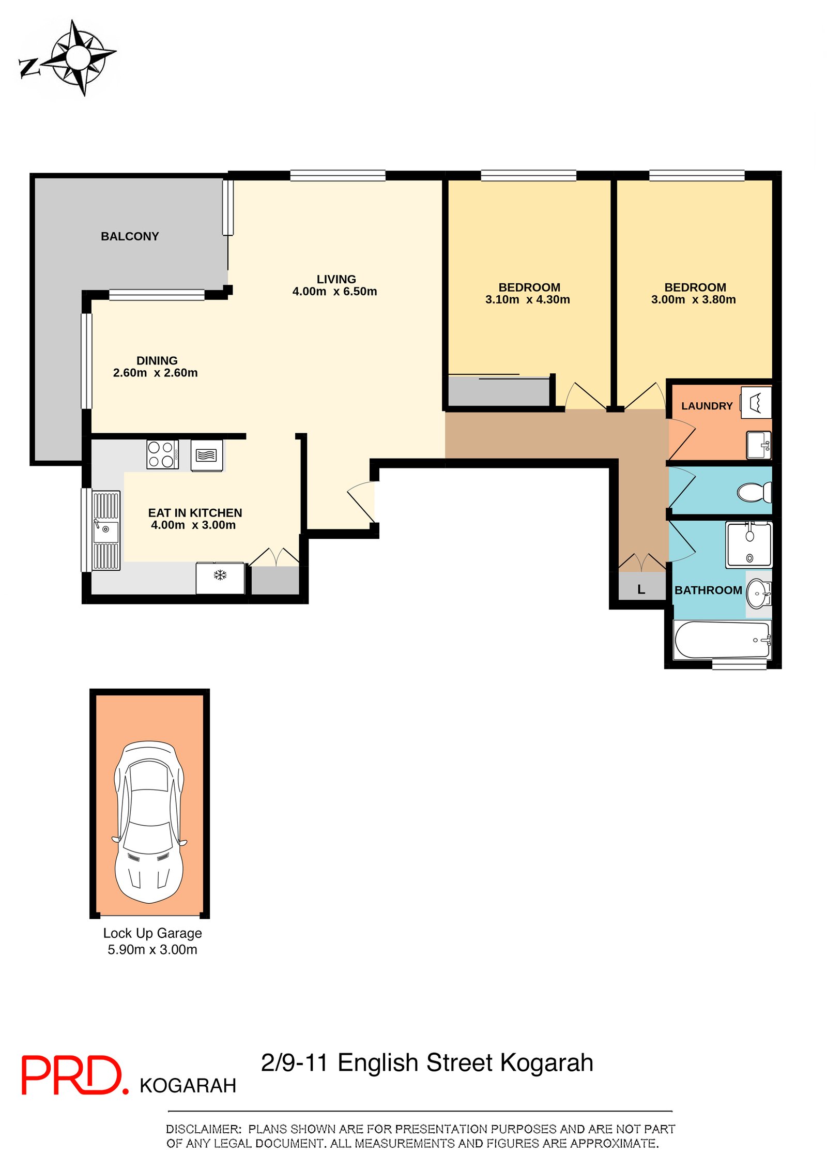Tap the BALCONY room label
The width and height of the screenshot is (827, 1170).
(130, 236)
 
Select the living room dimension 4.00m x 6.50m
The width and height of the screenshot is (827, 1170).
(334, 292)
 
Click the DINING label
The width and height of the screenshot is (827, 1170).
(157, 360)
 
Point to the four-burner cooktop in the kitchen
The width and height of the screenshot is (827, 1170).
(162, 454)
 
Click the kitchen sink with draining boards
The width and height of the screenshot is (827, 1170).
(106, 530)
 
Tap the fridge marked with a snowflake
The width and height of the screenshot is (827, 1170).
(220, 578)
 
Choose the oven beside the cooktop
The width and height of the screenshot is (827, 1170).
(207, 455)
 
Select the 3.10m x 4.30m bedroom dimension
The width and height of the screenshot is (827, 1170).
(527, 300)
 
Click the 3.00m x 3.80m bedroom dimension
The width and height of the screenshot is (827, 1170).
(693, 300)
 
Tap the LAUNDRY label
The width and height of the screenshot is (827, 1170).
(707, 406)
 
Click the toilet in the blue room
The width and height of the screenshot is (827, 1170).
(754, 492)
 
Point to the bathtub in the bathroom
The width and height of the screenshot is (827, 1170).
(722, 640)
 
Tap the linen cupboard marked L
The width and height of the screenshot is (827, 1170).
(641, 586)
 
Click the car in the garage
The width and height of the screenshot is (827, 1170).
(149, 822)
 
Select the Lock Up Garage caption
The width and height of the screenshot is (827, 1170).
(152, 933)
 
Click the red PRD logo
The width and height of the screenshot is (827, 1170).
(74, 1075)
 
